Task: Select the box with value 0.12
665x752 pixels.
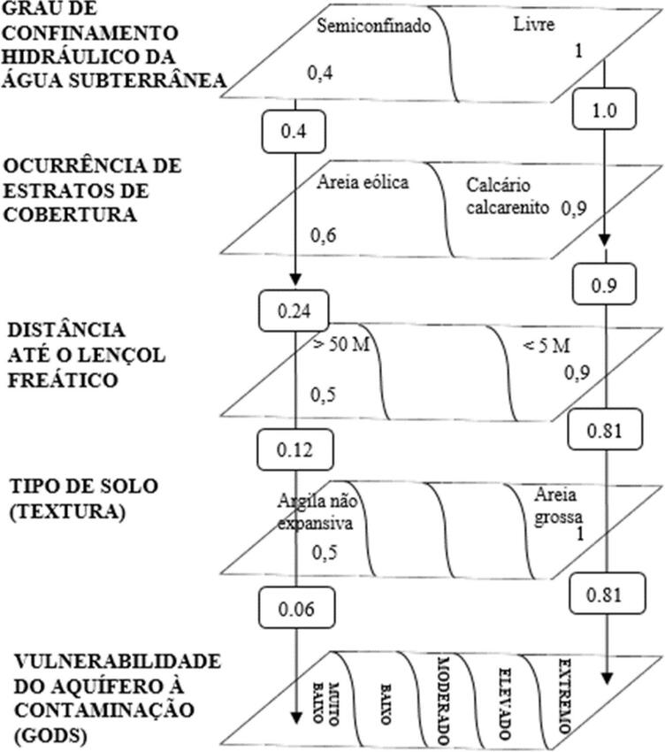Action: point(294,449)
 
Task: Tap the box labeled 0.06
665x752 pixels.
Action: point(294,609)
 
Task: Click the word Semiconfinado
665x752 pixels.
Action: point(372,26)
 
